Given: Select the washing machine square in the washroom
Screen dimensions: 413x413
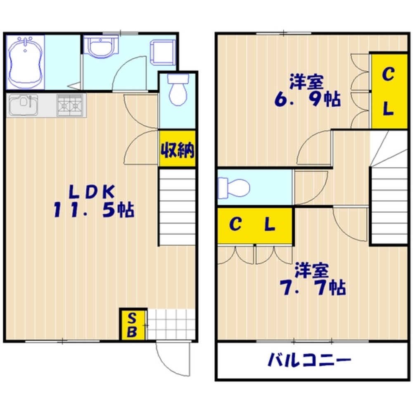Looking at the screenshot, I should tap(163, 52).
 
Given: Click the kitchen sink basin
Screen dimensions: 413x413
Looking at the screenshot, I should tap(23, 104).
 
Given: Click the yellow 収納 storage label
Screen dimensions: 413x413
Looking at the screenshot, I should tap(177, 149).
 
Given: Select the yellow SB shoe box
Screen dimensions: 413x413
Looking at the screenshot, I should tap(133, 325).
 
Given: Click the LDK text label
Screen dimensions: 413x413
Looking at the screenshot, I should tap(91, 192).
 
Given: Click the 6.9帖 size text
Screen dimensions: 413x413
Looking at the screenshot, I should tap(308, 99).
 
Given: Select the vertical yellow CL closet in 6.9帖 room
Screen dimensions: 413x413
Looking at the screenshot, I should tap(388, 91).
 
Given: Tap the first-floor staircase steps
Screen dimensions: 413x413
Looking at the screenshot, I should tap(177, 206).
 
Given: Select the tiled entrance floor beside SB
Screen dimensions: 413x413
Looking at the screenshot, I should tap(171, 325).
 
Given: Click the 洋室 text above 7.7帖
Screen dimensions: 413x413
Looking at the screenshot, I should tap(311, 270).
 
